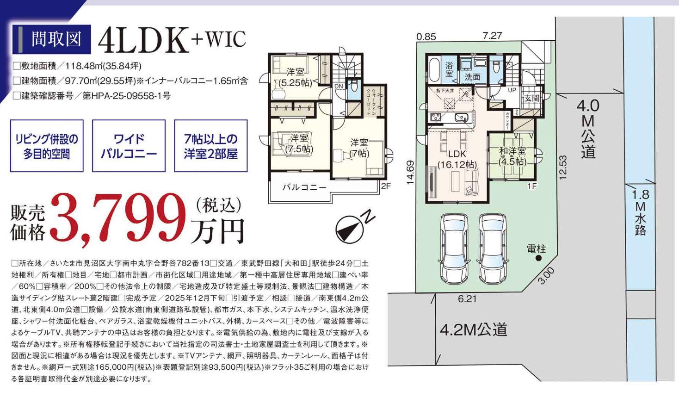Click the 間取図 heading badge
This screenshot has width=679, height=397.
[51, 39]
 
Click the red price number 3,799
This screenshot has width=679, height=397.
[118, 220]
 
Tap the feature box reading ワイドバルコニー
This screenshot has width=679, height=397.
[129, 146]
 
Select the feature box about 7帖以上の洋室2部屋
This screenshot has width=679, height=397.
[210, 146]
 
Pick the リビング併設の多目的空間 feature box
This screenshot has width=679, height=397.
[47, 146]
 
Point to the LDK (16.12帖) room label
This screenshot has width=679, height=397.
[457, 159]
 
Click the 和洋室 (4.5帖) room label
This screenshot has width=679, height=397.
[512, 156]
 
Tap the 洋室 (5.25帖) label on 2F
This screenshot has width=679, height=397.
[295, 77]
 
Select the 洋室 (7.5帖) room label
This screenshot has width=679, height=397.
[299, 143]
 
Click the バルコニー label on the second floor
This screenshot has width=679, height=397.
[304, 187]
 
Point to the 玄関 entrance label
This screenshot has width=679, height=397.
[532, 98]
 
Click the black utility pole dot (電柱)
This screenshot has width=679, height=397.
[539, 258]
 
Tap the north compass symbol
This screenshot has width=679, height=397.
[355, 227]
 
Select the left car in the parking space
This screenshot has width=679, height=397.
[454, 248]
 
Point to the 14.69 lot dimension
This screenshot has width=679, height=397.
[410, 172]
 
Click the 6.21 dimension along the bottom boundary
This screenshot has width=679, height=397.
[467, 299]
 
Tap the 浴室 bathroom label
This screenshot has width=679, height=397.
[449, 69]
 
